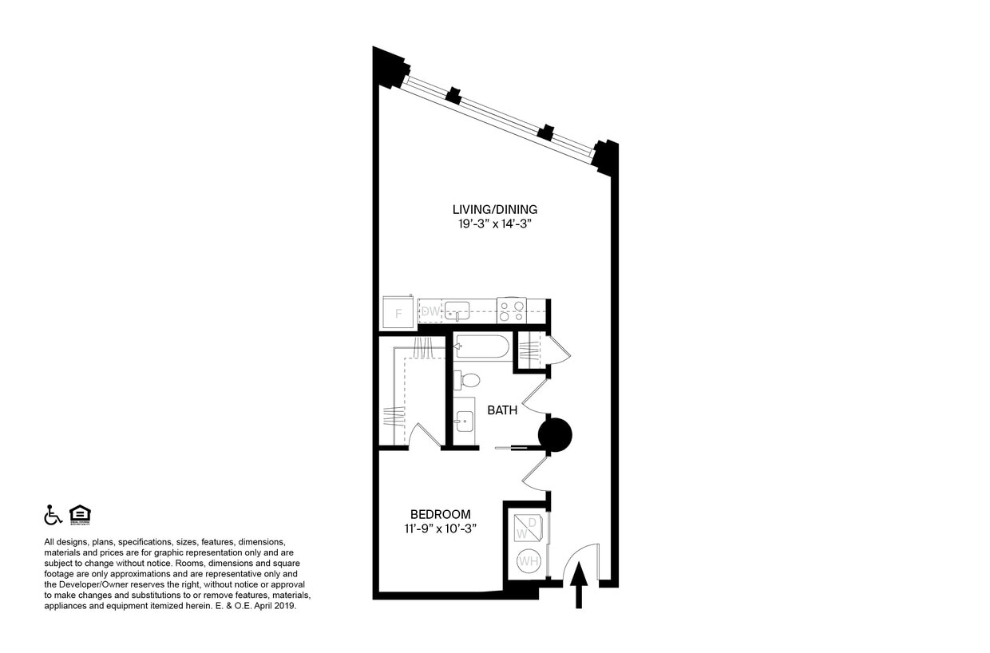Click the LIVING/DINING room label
[x=489, y=210]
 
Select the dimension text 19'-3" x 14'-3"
[x=489, y=225]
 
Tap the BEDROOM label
[x=440, y=515]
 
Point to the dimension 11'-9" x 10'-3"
[x=440, y=529]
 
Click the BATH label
[x=502, y=410]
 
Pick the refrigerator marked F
[x=398, y=312]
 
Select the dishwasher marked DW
[x=430, y=311]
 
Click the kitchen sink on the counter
[x=457, y=310]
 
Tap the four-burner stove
[x=511, y=310]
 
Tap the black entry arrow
[x=580, y=585]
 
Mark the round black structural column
[x=555, y=435]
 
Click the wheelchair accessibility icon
[x=53, y=515]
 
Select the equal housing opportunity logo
[x=80, y=515]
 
